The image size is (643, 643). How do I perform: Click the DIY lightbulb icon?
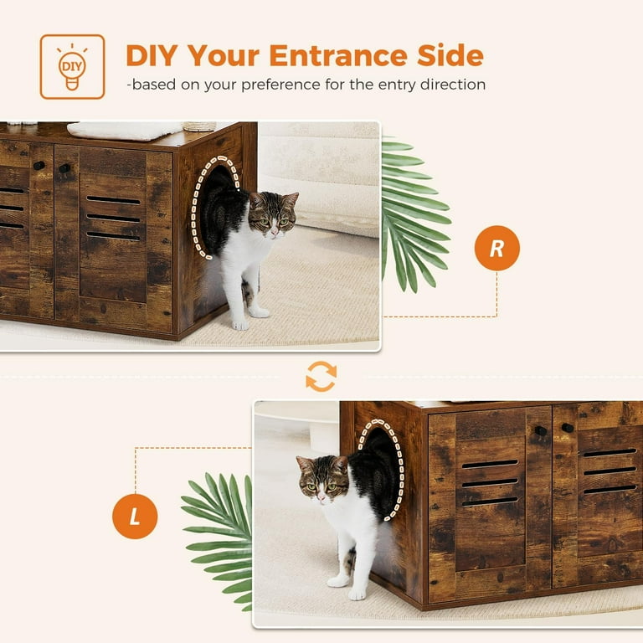[72, 67]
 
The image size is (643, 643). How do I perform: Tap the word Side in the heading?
[447, 55]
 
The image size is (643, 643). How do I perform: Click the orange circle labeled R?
[496, 249]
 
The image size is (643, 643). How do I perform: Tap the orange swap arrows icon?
[321, 377]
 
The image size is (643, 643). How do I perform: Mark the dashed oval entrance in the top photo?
[216, 206]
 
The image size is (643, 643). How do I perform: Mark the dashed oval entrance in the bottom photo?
[381, 469]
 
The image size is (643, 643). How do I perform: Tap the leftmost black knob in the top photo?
[39, 166]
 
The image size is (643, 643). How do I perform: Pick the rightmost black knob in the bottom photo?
[568, 428]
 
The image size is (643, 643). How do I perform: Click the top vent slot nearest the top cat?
[113, 200]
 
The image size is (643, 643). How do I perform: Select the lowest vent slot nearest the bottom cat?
[490, 501]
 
